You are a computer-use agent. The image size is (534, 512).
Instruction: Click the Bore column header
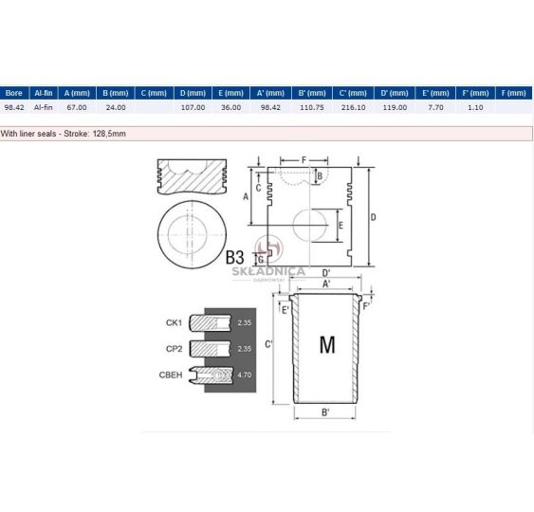tap(14, 93)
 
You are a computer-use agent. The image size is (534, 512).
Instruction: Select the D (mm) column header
tap(193, 93)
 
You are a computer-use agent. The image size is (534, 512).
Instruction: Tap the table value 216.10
tap(353, 107)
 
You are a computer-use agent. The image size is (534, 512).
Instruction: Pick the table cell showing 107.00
tap(193, 107)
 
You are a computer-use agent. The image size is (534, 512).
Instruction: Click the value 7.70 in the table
tap(435, 107)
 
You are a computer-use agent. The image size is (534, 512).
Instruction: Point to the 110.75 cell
tap(312, 107)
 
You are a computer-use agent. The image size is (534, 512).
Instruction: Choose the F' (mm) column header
tap(475, 93)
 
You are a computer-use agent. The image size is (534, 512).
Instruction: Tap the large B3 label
tap(234, 257)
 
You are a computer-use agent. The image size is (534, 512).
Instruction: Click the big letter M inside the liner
tap(327, 344)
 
